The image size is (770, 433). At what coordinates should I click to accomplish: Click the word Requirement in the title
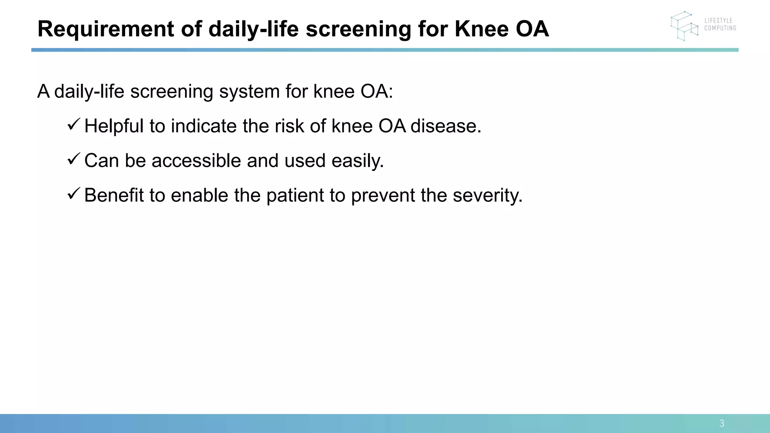point(106,29)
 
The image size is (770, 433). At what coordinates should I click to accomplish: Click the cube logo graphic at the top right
point(684,26)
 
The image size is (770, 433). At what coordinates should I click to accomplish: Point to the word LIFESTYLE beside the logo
point(718,21)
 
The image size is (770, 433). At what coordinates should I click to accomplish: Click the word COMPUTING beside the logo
point(720,28)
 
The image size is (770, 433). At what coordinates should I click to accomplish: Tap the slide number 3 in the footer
point(721,424)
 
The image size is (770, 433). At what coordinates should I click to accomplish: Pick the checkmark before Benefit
point(73,194)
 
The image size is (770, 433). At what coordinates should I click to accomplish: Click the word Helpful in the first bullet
point(114,126)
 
